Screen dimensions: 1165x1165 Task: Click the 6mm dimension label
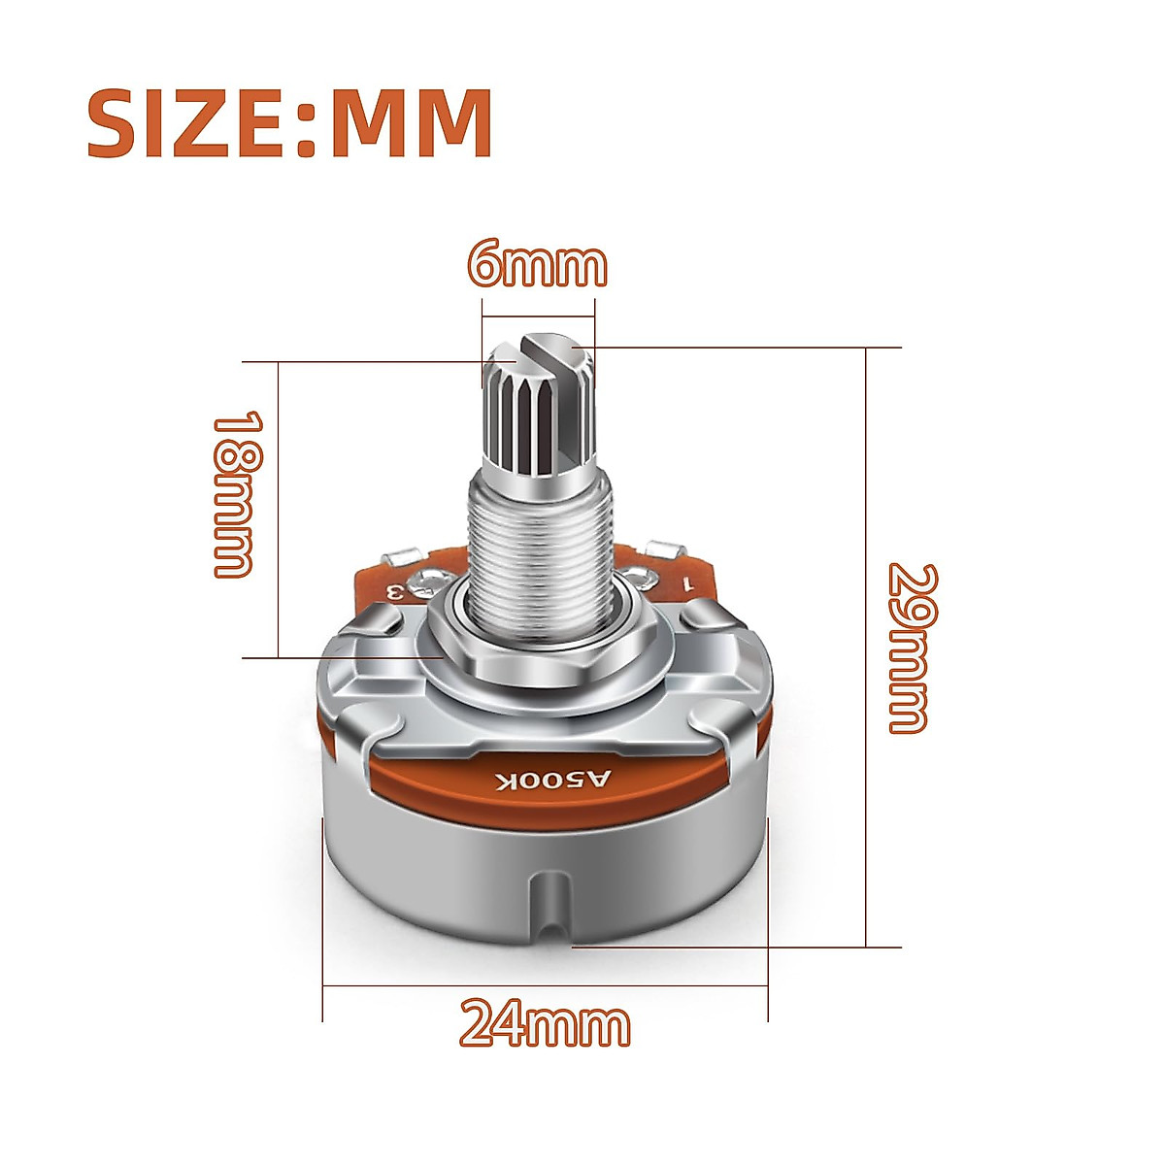point(537,264)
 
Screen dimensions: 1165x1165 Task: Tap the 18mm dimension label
point(235,495)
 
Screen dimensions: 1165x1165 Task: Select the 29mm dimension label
point(911,648)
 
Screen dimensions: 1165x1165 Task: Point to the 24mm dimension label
point(545,1024)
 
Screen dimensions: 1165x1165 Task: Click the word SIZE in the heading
point(187,123)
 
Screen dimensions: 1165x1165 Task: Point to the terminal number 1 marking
point(687,584)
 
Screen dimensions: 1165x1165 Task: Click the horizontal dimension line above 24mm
point(545,987)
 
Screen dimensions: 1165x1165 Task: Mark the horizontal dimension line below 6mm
point(537,314)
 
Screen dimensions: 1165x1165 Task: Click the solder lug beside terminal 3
point(402,557)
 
